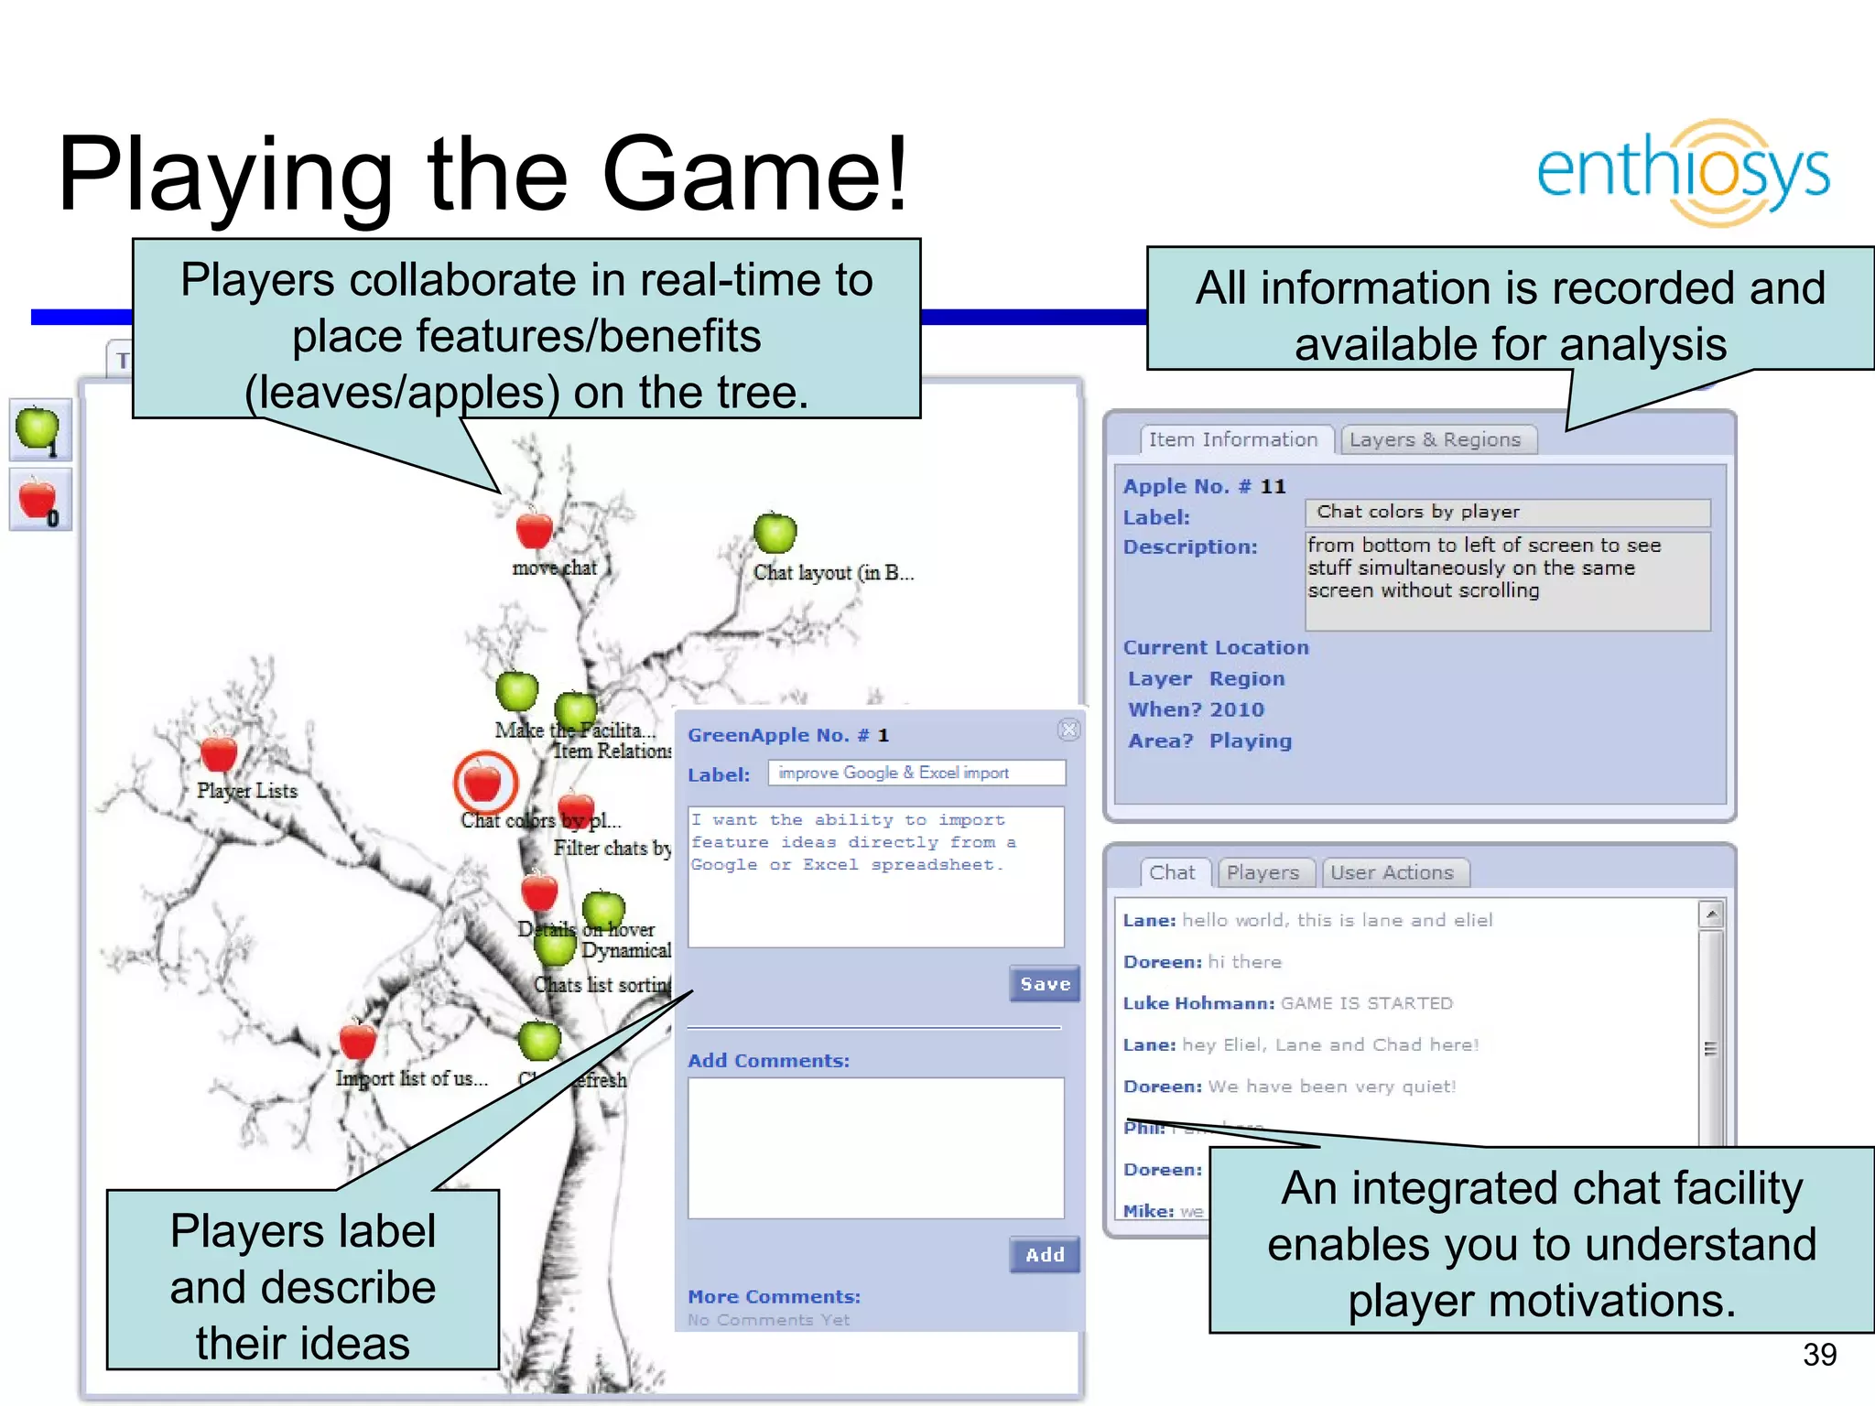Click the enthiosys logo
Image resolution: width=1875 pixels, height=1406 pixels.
1683,172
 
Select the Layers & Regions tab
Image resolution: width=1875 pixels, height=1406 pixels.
1435,440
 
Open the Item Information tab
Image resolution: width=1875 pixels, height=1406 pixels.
1232,440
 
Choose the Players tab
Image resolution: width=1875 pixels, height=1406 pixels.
1263,873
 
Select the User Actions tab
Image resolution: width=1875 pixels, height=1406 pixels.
1392,873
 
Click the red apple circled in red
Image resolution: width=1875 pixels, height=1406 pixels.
484,783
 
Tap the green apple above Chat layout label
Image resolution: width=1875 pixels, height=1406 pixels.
775,533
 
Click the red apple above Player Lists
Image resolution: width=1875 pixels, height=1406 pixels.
219,753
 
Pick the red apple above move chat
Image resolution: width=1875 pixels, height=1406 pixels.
534,529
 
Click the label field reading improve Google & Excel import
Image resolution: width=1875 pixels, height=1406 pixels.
916,773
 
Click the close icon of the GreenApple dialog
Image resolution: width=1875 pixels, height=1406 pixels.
1068,730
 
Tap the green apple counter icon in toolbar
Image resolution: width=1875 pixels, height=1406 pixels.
39,429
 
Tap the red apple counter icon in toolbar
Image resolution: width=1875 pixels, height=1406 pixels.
39,500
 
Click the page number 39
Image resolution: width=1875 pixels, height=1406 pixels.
1819,1355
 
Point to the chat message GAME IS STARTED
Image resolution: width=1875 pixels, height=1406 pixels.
1366,1003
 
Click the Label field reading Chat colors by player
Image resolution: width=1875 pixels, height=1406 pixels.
1507,513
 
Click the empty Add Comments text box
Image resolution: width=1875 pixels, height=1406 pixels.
875,1148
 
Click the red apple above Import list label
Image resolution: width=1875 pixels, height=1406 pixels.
357,1041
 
